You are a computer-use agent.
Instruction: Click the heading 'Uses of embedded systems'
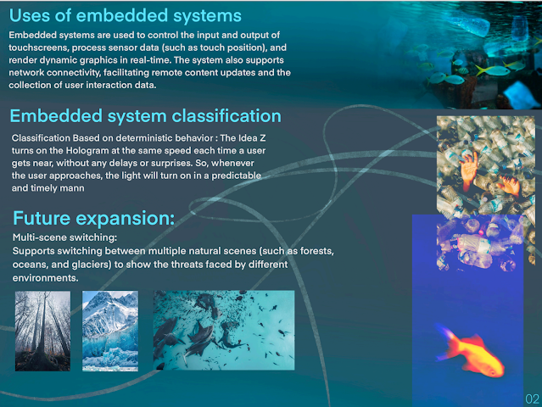pos(126,16)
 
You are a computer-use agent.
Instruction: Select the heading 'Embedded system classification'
pos(146,116)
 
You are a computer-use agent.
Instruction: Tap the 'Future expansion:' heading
pos(93,219)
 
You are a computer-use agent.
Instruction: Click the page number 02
pos(533,399)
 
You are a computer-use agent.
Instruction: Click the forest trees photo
pos(42,331)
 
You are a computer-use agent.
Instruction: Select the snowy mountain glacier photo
pos(110,331)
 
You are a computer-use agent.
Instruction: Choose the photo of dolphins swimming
pos(224,331)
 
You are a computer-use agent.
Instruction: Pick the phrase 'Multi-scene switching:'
pos(65,237)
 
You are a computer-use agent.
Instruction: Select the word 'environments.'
pos(45,278)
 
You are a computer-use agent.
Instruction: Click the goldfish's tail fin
pos(446,340)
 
